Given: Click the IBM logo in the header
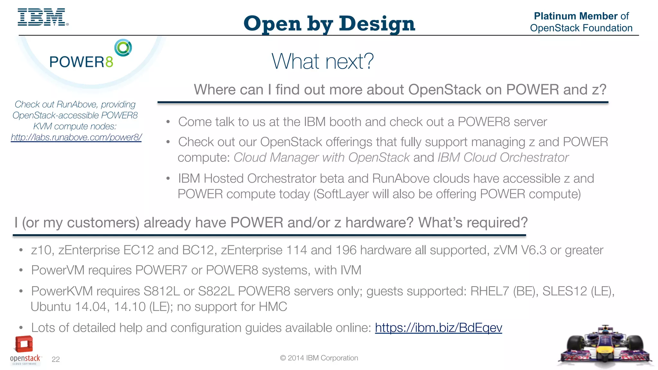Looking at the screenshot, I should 42,17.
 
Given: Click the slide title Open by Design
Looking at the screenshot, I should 329,24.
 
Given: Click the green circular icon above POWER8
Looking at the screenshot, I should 123,48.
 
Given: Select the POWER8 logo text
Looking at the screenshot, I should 81,62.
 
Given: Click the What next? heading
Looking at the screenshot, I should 323,61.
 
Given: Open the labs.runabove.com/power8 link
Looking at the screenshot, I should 76,137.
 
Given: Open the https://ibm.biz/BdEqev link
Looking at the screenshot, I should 438,328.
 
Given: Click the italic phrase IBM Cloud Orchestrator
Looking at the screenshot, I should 503,158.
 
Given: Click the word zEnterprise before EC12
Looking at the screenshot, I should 89,250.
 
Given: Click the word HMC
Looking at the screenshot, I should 273,307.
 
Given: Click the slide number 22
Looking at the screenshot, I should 56,359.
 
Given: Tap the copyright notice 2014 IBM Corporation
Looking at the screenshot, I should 319,358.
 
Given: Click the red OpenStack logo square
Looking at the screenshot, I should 24,344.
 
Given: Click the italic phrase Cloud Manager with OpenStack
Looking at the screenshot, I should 321,158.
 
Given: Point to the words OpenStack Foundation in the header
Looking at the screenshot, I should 581,28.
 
